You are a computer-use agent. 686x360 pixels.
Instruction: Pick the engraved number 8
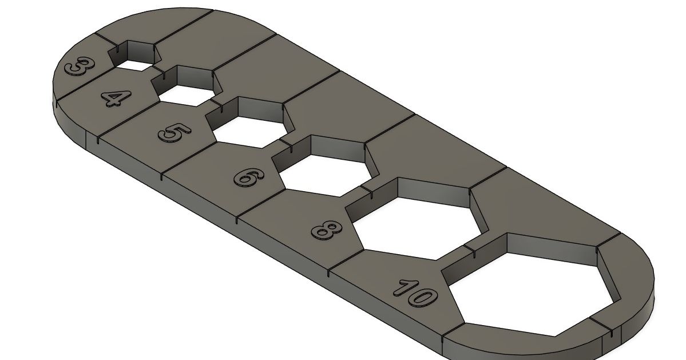click(327, 230)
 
